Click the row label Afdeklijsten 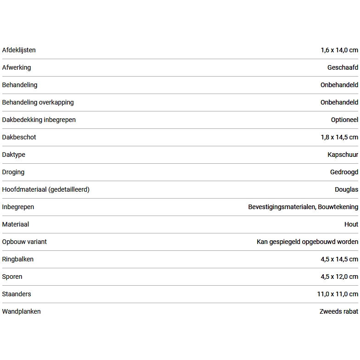pos(19,50)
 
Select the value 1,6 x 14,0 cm pos(339,50)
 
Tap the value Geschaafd pos(343,67)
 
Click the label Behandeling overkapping pos(38,102)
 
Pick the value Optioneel pos(344,120)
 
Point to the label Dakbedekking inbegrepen pos(39,120)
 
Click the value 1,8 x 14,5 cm pos(339,137)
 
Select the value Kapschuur pos(343,155)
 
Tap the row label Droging pos(13,172)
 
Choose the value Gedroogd pos(344,172)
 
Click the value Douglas pos(346,189)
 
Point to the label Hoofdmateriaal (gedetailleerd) pos(46,189)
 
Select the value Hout pos(351,224)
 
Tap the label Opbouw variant pos(24,242)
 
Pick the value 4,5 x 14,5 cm pos(339,259)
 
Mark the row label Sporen pos(12,277)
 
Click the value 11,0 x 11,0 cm pos(338,294)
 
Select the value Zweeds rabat pos(339,311)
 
